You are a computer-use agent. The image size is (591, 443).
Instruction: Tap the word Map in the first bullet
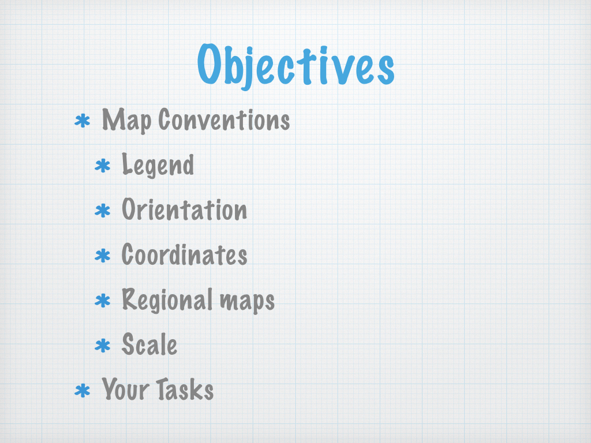click(x=126, y=121)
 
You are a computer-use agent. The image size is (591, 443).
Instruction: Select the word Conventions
click(x=224, y=120)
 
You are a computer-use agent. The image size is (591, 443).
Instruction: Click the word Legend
click(x=158, y=165)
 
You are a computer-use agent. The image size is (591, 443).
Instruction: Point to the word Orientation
click(x=184, y=209)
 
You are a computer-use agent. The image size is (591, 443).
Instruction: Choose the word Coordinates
click(x=184, y=254)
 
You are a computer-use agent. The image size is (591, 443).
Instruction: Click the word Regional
click(x=168, y=300)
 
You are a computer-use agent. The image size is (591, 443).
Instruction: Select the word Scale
click(x=149, y=344)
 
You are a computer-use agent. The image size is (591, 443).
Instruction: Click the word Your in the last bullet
click(x=125, y=388)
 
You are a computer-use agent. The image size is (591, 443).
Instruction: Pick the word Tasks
click(x=185, y=388)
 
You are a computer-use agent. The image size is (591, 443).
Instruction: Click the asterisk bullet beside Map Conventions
click(x=82, y=122)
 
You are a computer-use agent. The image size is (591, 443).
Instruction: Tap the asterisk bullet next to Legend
click(x=103, y=166)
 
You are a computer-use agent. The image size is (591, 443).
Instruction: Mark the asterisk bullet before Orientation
click(x=103, y=211)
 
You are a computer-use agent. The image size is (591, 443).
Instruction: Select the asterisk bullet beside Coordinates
click(x=103, y=256)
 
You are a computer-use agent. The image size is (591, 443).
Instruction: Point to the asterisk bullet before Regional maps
click(x=103, y=301)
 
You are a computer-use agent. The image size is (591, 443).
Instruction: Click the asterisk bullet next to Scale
click(x=103, y=346)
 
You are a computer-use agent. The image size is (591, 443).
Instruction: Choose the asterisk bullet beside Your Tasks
click(x=82, y=391)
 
